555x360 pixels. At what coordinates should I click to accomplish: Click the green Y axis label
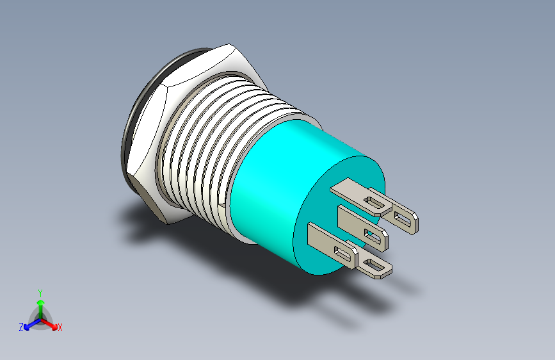(40, 291)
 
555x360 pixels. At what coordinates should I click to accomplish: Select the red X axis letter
(60, 327)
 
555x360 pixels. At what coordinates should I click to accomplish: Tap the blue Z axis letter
(21, 327)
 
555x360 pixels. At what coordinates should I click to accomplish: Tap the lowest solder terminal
(374, 266)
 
